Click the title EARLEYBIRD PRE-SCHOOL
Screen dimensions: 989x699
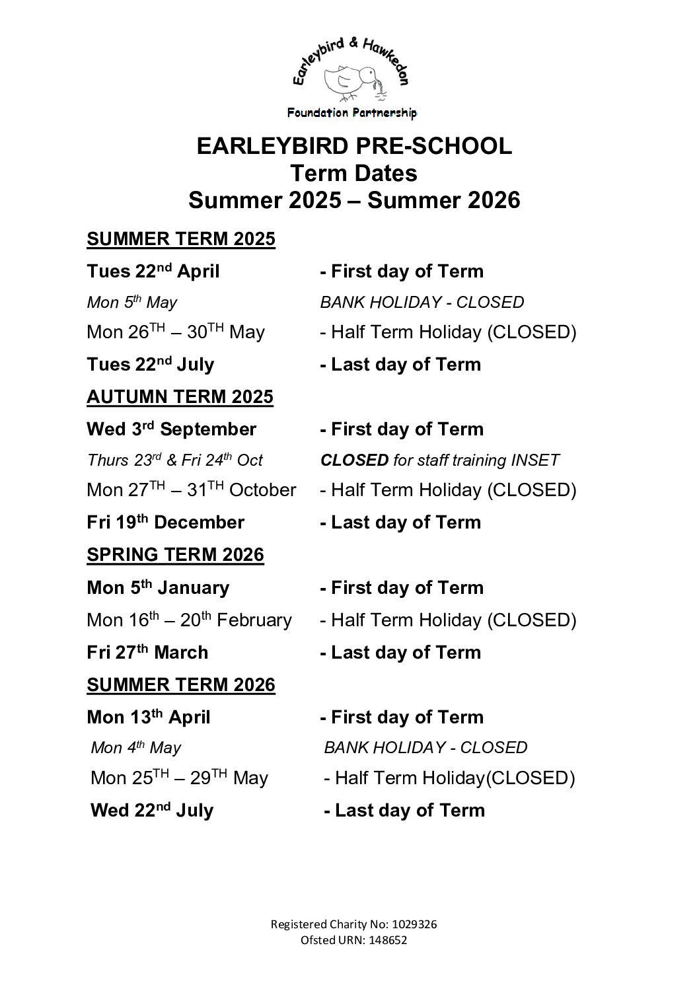click(x=353, y=146)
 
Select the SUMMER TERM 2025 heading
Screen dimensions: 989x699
click(x=180, y=239)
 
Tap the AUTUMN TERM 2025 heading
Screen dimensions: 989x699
click(x=180, y=397)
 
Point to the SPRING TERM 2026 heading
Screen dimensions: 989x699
click(x=175, y=555)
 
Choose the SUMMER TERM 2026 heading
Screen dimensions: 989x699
click(x=180, y=685)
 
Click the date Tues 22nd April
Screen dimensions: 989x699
click(x=153, y=272)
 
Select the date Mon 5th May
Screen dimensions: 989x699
click(x=131, y=303)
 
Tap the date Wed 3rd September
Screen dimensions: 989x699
click(x=171, y=429)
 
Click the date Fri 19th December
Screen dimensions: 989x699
click(x=165, y=523)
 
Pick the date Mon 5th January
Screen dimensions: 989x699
click(x=158, y=588)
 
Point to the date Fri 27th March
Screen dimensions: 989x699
click(x=147, y=653)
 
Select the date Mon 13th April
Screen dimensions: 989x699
click(x=148, y=717)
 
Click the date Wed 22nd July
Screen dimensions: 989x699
click(x=152, y=811)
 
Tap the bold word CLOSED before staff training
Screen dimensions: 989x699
click(x=354, y=460)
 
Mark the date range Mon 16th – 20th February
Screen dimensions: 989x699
click(x=189, y=620)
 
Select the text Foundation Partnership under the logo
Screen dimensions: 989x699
click(x=351, y=113)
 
